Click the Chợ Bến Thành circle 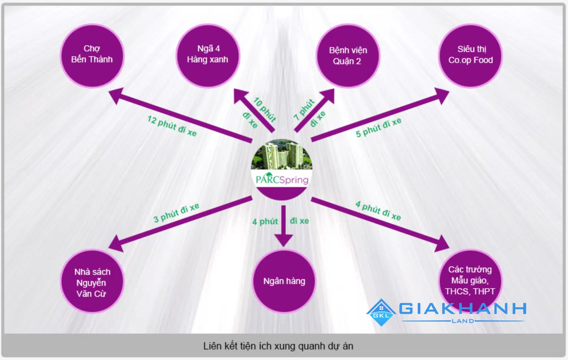coord(92,56)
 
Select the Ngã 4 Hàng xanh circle coord(207,56)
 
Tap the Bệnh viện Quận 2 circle coord(348,56)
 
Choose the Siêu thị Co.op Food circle coord(470,56)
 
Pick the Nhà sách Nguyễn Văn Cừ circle coord(92,282)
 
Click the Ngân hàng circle coord(284,281)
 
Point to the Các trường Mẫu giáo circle coord(470,280)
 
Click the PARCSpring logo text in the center coord(282,179)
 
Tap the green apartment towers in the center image coord(280,155)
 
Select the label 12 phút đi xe coord(172,126)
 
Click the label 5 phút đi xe coord(378,128)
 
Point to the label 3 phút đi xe coord(176,213)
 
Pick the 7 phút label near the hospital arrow coord(304,109)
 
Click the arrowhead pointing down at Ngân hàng coord(283,240)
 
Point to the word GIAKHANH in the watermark coord(462,309)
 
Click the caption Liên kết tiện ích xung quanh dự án coord(278,346)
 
